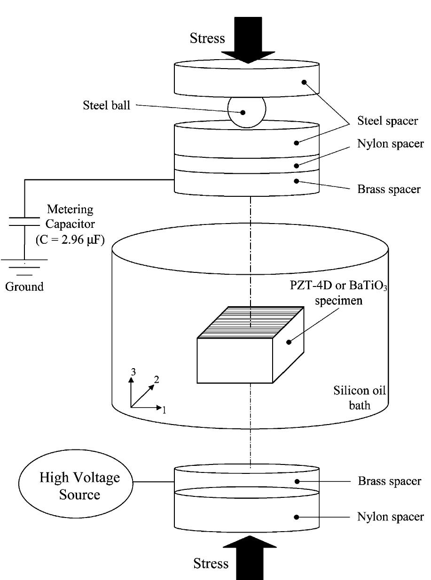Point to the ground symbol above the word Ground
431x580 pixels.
tap(24, 267)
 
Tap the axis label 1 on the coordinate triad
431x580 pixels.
tap(165, 410)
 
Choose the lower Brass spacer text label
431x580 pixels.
tap(390, 482)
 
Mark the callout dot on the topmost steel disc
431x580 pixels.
tap(304, 82)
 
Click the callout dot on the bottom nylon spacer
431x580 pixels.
tap(297, 517)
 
